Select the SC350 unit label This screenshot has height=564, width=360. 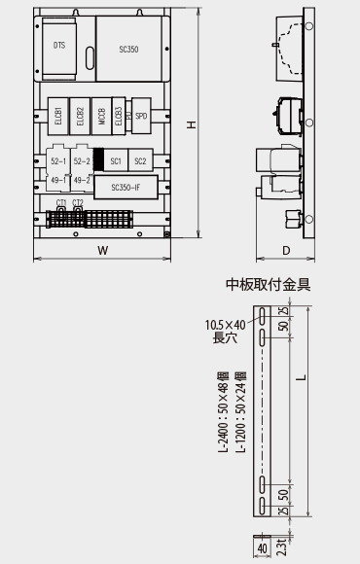click(x=128, y=47)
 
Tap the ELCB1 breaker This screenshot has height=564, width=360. click(x=58, y=112)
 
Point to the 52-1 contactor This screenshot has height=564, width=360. click(x=57, y=160)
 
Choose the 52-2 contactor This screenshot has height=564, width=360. click(x=82, y=160)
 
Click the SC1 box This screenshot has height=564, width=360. click(x=115, y=160)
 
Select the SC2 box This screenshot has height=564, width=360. click(x=139, y=160)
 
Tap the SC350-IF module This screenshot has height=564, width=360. click(x=126, y=186)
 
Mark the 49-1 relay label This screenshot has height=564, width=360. click(x=57, y=180)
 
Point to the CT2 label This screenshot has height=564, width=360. click(x=77, y=201)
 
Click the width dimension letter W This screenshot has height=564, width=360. click(x=102, y=250)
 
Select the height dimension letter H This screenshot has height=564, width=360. click(x=192, y=123)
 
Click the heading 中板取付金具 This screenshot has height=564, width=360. click(x=269, y=285)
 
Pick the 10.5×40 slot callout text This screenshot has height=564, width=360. click(x=225, y=325)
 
